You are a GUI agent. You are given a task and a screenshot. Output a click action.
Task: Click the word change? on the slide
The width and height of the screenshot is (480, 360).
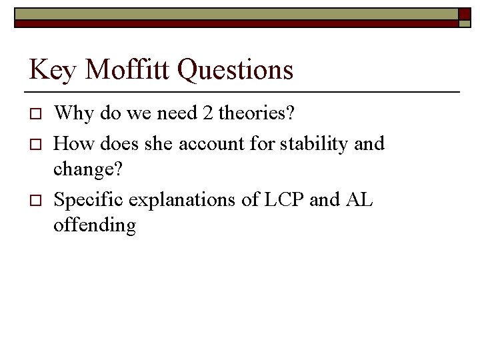(87, 171)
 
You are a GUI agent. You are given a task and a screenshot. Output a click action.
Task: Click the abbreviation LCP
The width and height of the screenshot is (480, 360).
(279, 199)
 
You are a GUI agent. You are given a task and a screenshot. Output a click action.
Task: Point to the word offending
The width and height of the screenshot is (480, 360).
(95, 225)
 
